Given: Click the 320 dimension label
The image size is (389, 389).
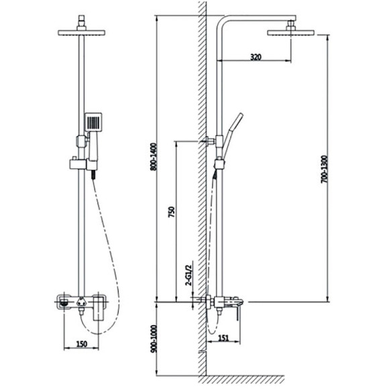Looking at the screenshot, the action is [x=256, y=57].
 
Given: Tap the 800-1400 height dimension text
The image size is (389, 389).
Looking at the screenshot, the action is [x=154, y=157].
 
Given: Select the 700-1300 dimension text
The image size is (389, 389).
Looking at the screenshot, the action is [x=324, y=169].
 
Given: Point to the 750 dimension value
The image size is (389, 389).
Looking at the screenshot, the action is [x=172, y=212].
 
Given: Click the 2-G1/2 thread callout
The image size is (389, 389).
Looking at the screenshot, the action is [x=189, y=275].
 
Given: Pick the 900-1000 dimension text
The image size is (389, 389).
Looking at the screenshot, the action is [x=154, y=339].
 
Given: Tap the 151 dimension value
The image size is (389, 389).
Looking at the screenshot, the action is [x=223, y=338].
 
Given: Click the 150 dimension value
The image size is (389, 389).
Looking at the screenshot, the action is [x=82, y=344].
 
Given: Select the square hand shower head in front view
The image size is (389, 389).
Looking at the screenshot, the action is [x=93, y=122].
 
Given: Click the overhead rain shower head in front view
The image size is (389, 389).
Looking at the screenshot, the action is [x=82, y=33].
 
